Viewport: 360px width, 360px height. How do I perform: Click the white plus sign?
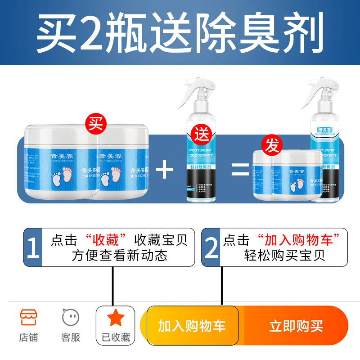[164, 170]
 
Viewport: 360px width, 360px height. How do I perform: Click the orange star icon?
[115, 318]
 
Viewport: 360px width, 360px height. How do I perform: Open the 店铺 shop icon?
[28, 318]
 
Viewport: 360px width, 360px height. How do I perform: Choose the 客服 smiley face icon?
[71, 318]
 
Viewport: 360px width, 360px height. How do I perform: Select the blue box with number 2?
[211, 247]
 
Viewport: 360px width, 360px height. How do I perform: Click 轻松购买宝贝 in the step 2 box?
[284, 256]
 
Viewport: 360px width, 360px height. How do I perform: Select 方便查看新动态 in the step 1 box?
[119, 256]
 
